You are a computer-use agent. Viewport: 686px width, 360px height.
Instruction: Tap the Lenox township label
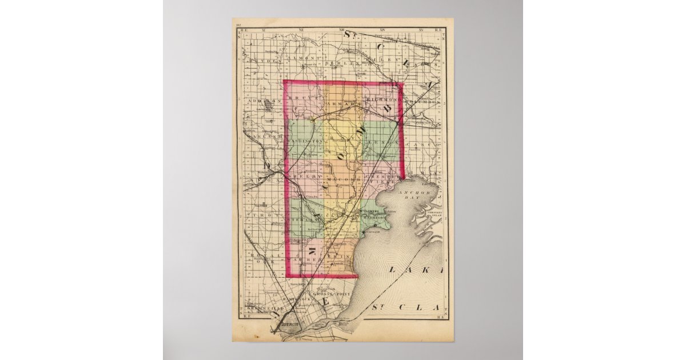(382, 141)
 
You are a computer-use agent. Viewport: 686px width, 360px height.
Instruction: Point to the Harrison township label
(375, 218)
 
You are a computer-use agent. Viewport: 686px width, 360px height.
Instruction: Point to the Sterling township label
(304, 218)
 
